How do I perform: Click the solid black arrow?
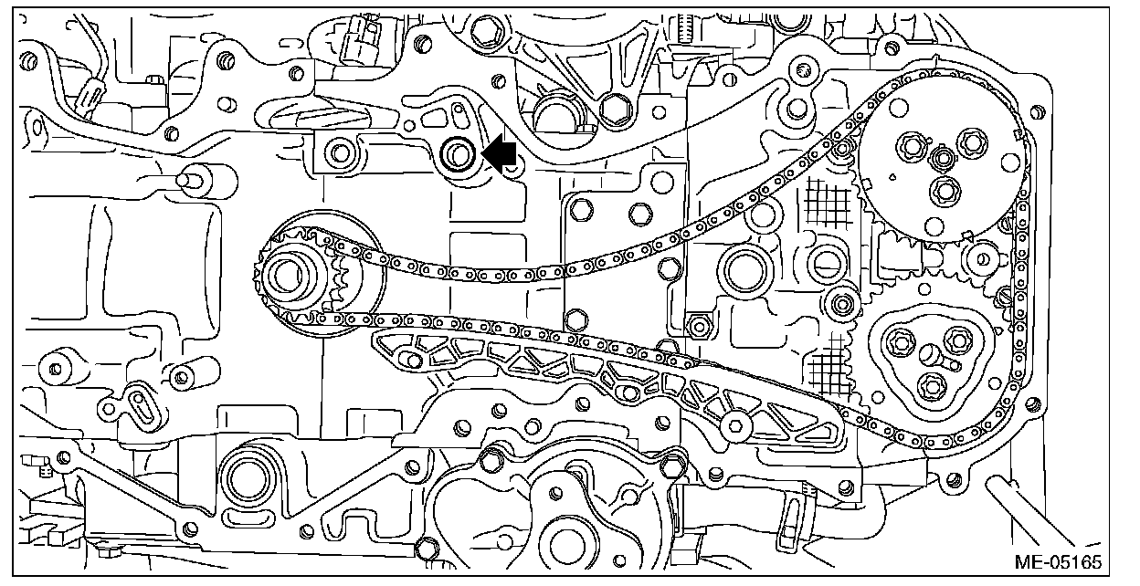click(499, 153)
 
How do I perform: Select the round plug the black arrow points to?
click(457, 155)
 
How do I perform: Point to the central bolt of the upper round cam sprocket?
click(941, 160)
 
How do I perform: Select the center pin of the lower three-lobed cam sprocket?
click(930, 354)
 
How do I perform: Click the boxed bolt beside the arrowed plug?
click(343, 151)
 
